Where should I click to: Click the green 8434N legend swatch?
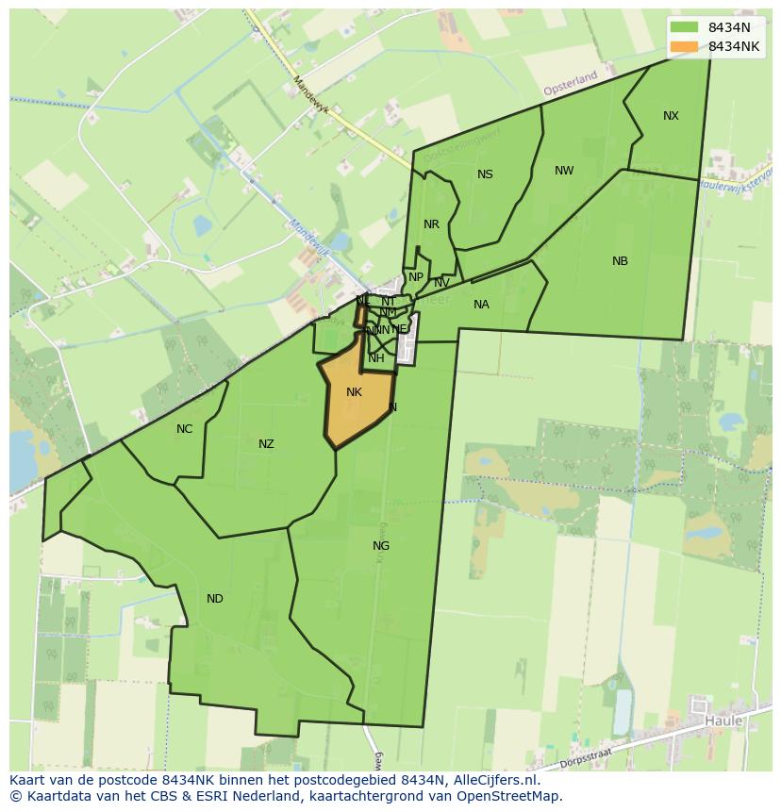pyautogui.click(x=684, y=27)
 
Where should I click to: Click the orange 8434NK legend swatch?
pyautogui.click(x=684, y=46)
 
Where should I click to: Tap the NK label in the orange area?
pyautogui.click(x=354, y=392)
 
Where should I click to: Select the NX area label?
pyautogui.click(x=671, y=116)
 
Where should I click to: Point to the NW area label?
pyautogui.click(x=564, y=171)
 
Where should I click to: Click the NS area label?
pyautogui.click(x=485, y=174)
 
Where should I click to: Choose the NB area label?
pyautogui.click(x=620, y=261)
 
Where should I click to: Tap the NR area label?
pyautogui.click(x=431, y=224)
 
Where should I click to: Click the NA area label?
pyautogui.click(x=481, y=305)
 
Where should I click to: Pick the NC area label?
pyautogui.click(x=184, y=429)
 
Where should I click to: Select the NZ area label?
pyautogui.click(x=266, y=444)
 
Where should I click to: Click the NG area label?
pyautogui.click(x=381, y=546)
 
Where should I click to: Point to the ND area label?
pyautogui.click(x=215, y=599)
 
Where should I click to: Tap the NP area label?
pyautogui.click(x=415, y=277)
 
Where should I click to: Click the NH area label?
pyautogui.click(x=376, y=358)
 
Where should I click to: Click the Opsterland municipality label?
pyautogui.click(x=571, y=83)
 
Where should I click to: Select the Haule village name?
pyautogui.click(x=723, y=721)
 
